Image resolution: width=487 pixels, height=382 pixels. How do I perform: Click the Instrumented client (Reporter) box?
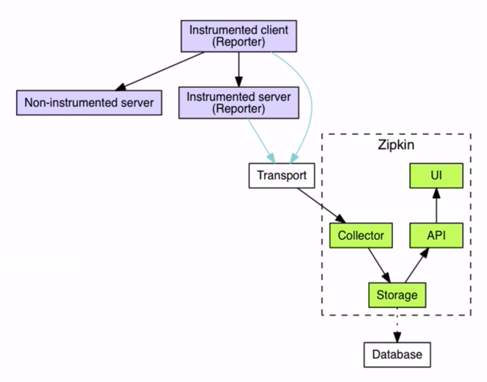point(239,36)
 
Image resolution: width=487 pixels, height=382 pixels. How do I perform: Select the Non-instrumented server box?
point(89,103)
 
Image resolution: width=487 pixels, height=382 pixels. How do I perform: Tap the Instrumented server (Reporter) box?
point(239,103)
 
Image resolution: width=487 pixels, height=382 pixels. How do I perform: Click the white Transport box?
point(281,175)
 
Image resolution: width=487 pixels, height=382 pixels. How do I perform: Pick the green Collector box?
point(361,236)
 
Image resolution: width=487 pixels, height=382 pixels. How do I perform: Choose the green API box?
point(436,236)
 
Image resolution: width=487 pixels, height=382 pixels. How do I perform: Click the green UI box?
point(436,175)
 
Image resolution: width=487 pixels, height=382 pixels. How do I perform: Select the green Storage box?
point(397,295)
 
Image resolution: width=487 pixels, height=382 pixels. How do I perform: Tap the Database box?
point(397,355)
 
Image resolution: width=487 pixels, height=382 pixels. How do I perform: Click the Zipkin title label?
point(396,145)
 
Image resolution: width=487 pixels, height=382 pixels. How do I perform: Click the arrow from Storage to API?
point(416,266)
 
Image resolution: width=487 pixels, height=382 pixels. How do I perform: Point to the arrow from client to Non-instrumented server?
point(160,71)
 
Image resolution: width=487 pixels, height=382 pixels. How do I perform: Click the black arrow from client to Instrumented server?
point(239,69)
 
